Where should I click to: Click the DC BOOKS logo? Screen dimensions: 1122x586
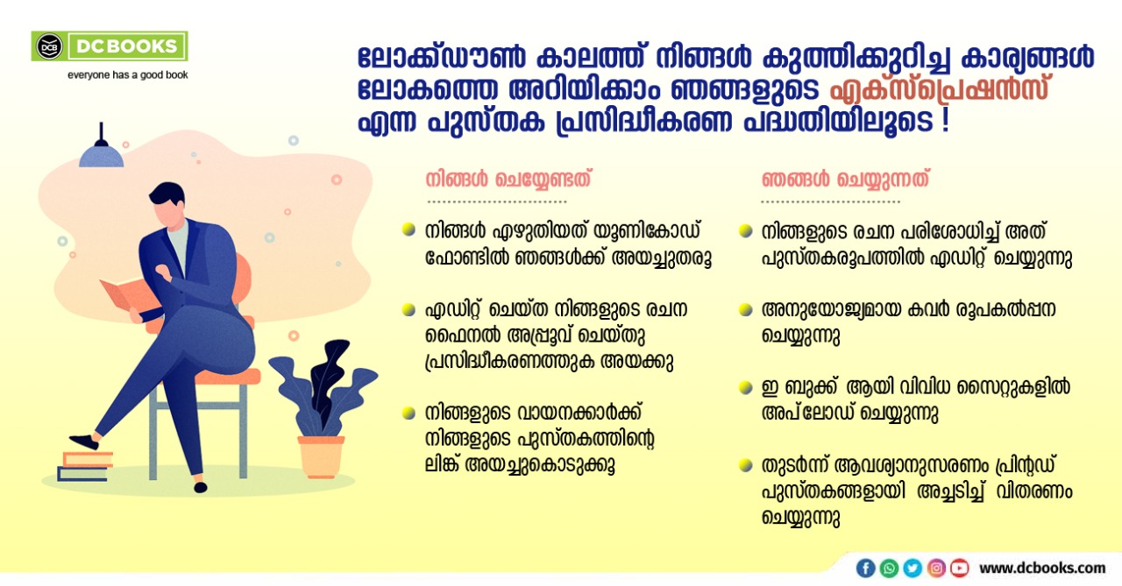pyautogui.click(x=110, y=46)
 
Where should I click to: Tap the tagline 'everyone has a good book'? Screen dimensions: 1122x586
pyautogui.click(x=128, y=75)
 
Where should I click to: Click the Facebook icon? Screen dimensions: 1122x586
pyautogui.click(x=865, y=568)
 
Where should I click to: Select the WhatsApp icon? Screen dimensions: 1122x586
pyautogui.click(x=889, y=568)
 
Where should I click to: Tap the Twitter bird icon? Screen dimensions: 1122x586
pyautogui.click(x=913, y=568)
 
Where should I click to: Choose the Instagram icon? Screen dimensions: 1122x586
pyautogui.click(x=936, y=568)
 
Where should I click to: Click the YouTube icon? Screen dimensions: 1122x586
pyautogui.click(x=960, y=568)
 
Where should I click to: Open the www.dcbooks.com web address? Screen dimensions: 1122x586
pyautogui.click(x=1042, y=568)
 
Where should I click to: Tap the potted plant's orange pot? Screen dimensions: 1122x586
pyautogui.click(x=321, y=456)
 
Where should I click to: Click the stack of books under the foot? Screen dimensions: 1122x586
pyautogui.click(x=84, y=466)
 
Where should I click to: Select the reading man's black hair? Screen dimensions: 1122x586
pyautogui.click(x=167, y=194)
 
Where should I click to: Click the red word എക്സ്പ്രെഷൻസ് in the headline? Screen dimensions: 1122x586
pyautogui.click(x=939, y=89)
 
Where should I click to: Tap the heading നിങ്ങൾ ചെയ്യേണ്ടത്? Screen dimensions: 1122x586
pyautogui.click(x=508, y=180)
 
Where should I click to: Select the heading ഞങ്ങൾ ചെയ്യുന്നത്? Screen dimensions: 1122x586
pyautogui.click(x=846, y=180)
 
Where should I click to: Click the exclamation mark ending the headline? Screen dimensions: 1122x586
pyautogui.click(x=945, y=121)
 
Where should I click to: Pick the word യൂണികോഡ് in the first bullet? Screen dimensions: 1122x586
pyautogui.click(x=647, y=231)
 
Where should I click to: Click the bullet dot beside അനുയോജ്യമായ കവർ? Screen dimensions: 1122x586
pyautogui.click(x=746, y=310)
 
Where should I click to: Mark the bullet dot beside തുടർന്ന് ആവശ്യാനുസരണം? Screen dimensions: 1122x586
pyautogui.click(x=746, y=465)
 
